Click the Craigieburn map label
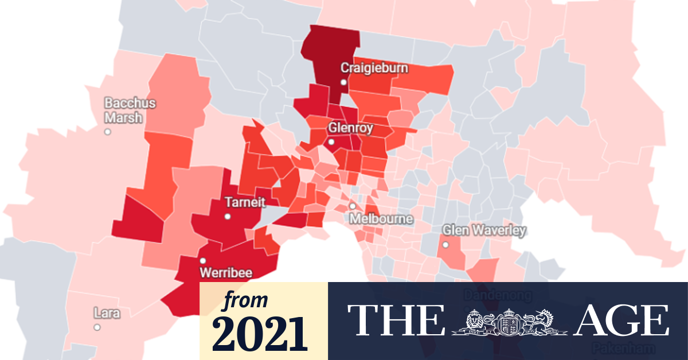[374, 68]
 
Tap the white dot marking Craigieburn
[343, 83]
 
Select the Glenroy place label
[350, 128]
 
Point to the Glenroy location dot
[331, 142]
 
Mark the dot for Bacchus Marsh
[107, 132]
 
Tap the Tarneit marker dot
[228, 217]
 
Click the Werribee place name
[225, 272]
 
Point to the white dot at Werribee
[202, 260]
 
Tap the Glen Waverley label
[484, 230]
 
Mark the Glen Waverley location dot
[445, 245]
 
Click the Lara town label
[107, 313]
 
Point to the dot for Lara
[97, 327]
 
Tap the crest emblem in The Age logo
[507, 321]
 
